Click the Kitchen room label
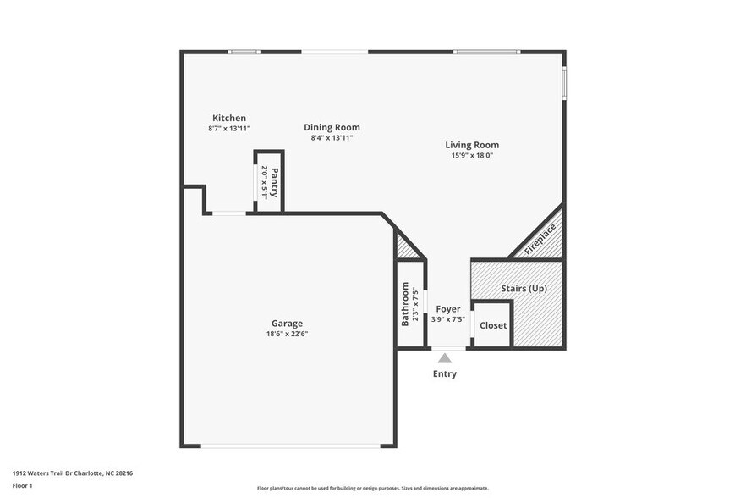pyautogui.click(x=229, y=118)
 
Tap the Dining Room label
pyautogui.click(x=332, y=127)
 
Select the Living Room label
pyautogui.click(x=472, y=145)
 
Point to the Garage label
pyautogui.click(x=287, y=323)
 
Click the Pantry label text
pyautogui.click(x=274, y=182)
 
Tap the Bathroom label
pyautogui.click(x=405, y=305)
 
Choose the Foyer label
pyautogui.click(x=448, y=309)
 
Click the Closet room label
pyautogui.click(x=493, y=325)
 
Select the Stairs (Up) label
pyautogui.click(x=524, y=289)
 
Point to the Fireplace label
pyautogui.click(x=540, y=238)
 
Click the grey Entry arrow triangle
pyautogui.click(x=445, y=358)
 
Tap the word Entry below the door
pyautogui.click(x=445, y=373)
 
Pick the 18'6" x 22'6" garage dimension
pyautogui.click(x=287, y=334)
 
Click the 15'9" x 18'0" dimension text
pyautogui.click(x=472, y=155)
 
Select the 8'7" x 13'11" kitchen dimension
pyautogui.click(x=229, y=128)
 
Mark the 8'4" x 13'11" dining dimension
pyautogui.click(x=332, y=137)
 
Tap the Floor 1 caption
pyautogui.click(x=22, y=485)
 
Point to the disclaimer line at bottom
pyautogui.click(x=372, y=488)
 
